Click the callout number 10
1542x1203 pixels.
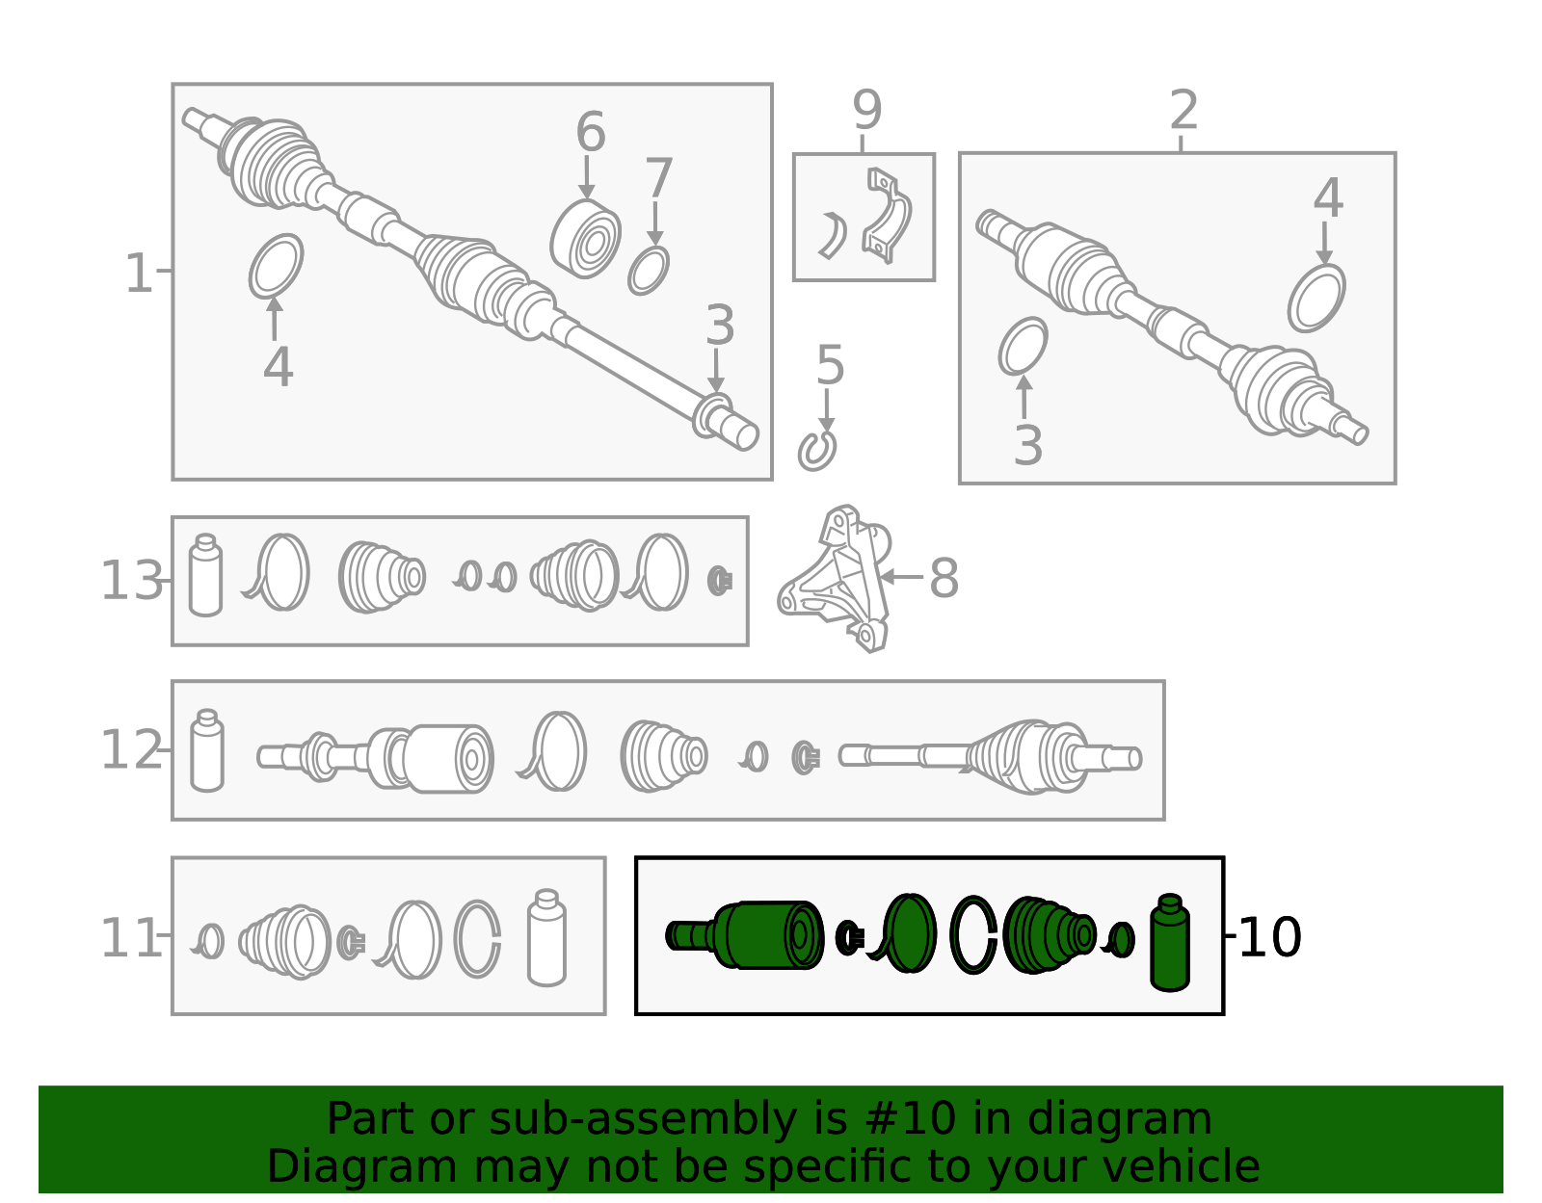click(1269, 938)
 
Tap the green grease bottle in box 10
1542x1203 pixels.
click(1169, 942)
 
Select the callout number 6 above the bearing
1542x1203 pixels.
click(591, 131)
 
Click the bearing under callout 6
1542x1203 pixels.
click(585, 239)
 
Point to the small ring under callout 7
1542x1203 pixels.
click(649, 270)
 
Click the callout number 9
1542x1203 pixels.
click(866, 110)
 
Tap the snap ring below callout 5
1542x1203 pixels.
click(816, 451)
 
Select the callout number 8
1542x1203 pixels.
click(944, 579)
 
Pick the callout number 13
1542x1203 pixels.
click(132, 582)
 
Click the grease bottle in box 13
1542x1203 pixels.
click(206, 575)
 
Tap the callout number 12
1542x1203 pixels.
click(132, 750)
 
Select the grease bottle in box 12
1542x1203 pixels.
click(207, 750)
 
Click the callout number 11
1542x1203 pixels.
click(132, 938)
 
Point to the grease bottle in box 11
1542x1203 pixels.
click(547, 937)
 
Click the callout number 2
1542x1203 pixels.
click(1183, 110)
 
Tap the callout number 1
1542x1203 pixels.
click(138, 274)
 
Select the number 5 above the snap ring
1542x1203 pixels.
click(830, 366)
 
